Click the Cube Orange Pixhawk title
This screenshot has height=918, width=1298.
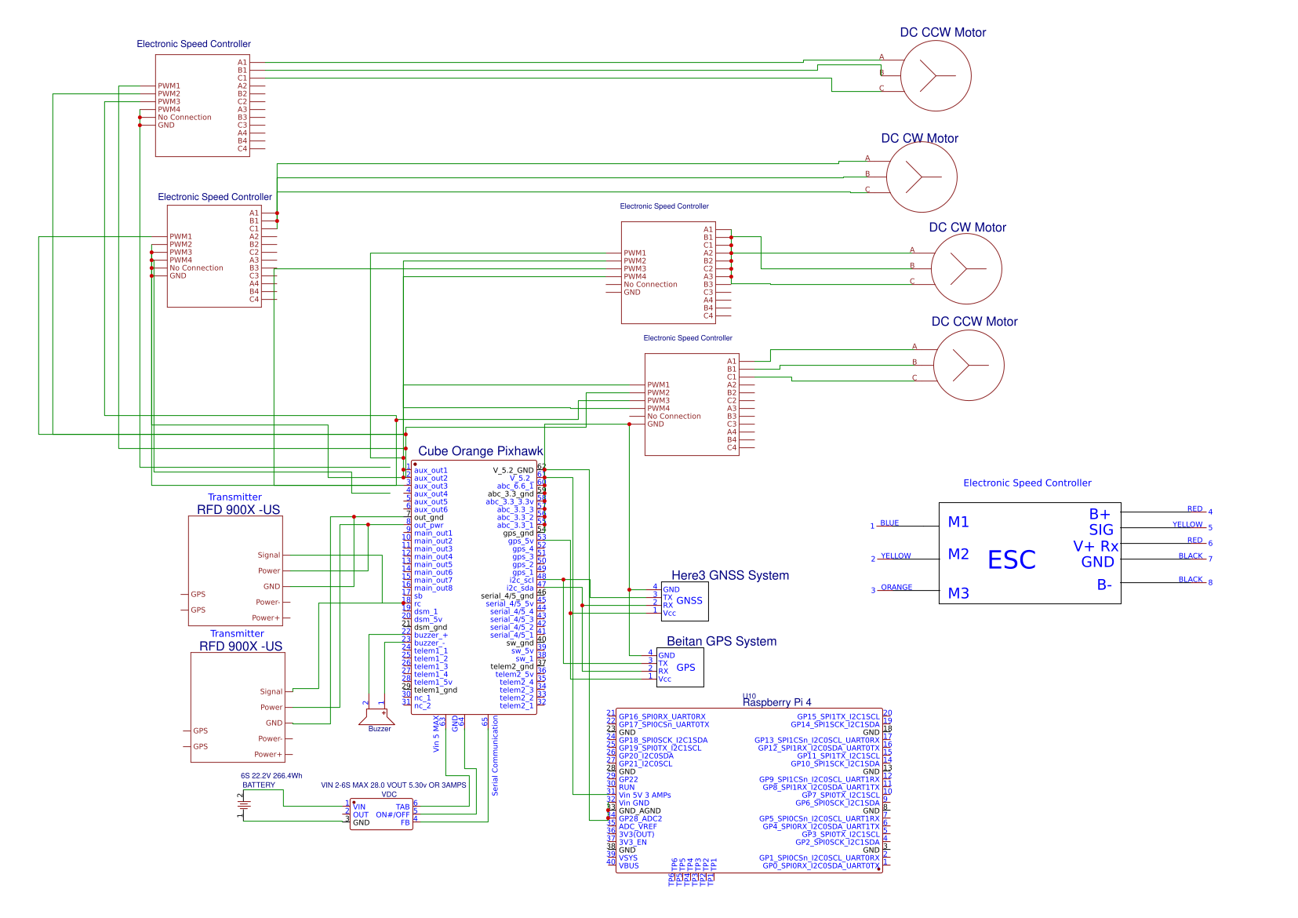click(x=480, y=451)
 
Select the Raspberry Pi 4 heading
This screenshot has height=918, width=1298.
click(x=776, y=702)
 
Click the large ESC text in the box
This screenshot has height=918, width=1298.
click(x=1011, y=560)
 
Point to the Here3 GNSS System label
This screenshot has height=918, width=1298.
click(x=729, y=575)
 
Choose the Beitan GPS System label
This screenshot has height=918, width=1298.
click(x=721, y=641)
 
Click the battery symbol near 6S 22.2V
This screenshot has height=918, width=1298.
click(x=244, y=804)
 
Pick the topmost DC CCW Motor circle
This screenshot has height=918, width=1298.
click(x=936, y=76)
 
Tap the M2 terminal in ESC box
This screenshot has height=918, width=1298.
click(x=958, y=554)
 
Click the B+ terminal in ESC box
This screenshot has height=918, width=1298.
click(x=1099, y=514)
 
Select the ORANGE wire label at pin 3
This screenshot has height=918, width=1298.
click(x=896, y=587)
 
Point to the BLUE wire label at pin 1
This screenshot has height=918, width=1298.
click(x=889, y=523)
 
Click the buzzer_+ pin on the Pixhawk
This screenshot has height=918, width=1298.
click(x=431, y=635)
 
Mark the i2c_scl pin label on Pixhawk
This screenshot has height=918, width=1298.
click(x=521, y=580)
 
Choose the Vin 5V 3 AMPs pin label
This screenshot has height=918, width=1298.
click(x=645, y=795)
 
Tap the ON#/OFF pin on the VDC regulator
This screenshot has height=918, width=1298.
click(x=392, y=814)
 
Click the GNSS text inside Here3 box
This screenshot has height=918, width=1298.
click(x=689, y=600)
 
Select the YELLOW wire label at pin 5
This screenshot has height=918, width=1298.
click(x=1187, y=524)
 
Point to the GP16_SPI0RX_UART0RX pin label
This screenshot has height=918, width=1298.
click(x=662, y=716)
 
